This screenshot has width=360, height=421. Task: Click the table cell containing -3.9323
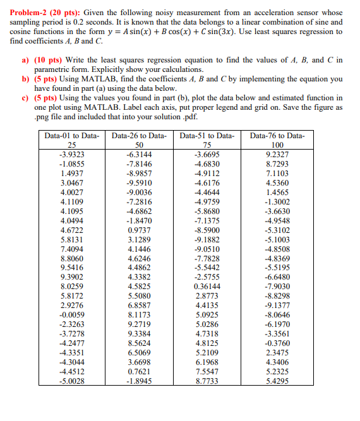click(71, 154)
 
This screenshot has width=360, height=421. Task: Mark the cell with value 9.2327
click(277, 154)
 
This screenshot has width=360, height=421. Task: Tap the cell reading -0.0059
click(71, 314)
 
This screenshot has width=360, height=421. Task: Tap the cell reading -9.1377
click(277, 305)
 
